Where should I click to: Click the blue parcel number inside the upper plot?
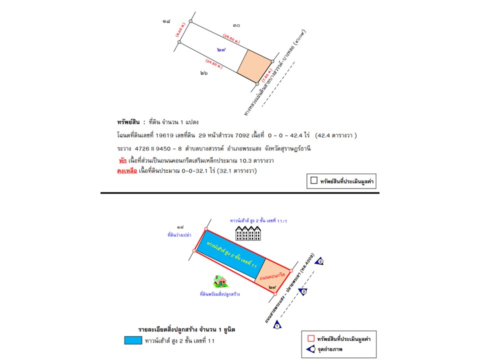coord(221,49)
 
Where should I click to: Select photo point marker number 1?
coord(278,325)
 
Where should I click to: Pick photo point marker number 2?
coord(320,261)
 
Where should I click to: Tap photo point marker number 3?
coord(303,291)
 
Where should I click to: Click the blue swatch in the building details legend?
coord(132,340)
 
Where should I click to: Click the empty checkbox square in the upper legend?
coord(314,180)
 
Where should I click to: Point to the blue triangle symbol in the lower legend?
coord(312,349)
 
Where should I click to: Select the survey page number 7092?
coord(264,135)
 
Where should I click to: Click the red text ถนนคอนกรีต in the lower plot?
coord(272,275)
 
